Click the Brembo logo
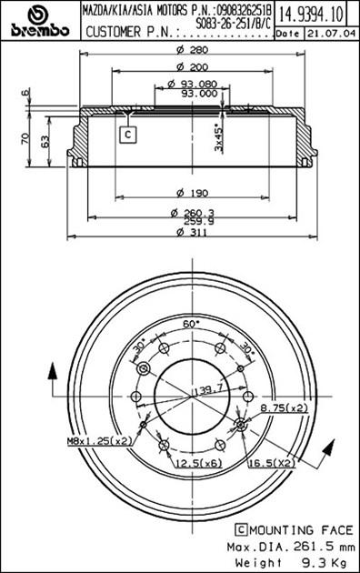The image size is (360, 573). [x=40, y=22]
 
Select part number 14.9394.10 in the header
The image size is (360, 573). [x=311, y=15]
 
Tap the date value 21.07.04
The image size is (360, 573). [x=331, y=34]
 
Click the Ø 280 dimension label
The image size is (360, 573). [x=192, y=49]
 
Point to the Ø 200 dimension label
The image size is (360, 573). [x=192, y=67]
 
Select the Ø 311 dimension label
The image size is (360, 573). [x=192, y=233]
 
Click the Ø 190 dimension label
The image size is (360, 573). [x=192, y=193]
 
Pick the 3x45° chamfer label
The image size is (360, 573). [x=218, y=138]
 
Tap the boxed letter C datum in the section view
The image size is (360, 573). [x=128, y=135]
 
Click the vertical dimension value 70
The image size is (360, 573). [x=25, y=138]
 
